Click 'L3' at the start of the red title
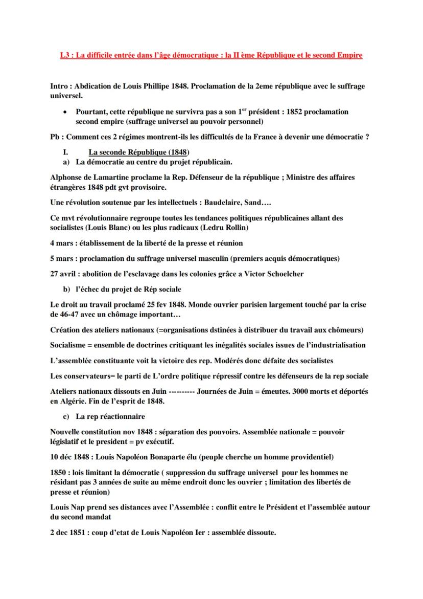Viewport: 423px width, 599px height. pyautogui.click(x=64, y=55)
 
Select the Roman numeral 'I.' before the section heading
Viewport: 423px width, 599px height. pyautogui.click(x=65, y=152)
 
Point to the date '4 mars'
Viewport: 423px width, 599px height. pyautogui.click(x=61, y=243)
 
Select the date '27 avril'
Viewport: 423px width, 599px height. pyautogui.click(x=63, y=274)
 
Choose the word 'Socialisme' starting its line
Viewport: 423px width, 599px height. pyautogui.click(x=71, y=345)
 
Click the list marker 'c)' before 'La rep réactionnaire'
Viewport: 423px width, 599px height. pyautogui.click(x=66, y=416)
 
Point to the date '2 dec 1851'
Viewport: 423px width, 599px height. pyautogui.click(x=70, y=533)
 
